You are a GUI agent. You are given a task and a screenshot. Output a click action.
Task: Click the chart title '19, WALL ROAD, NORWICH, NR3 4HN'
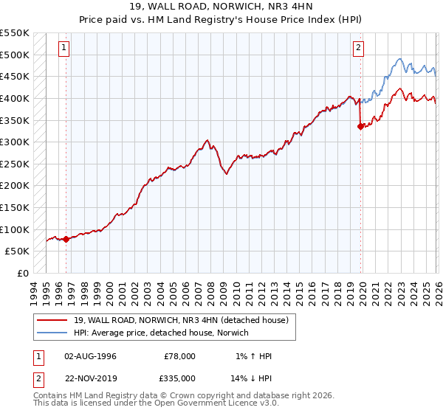221,7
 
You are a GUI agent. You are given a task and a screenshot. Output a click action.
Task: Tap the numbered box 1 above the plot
64,49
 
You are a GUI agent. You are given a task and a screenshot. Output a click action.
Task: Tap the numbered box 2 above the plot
358,49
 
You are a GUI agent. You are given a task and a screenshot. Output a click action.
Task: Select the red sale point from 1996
66,239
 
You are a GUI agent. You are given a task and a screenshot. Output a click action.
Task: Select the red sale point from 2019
360,126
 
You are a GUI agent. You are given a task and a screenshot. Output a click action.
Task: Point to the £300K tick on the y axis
15,142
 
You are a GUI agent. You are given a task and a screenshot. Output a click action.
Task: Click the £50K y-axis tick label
18,251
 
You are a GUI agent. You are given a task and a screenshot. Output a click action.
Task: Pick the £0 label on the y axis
22,273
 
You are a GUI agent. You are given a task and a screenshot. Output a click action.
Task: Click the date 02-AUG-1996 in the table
90,356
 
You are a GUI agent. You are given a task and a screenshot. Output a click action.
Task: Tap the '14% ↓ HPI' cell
252,378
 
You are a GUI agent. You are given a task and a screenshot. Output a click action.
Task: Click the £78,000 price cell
179,356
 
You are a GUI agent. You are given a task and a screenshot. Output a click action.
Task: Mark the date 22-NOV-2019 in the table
90,378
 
